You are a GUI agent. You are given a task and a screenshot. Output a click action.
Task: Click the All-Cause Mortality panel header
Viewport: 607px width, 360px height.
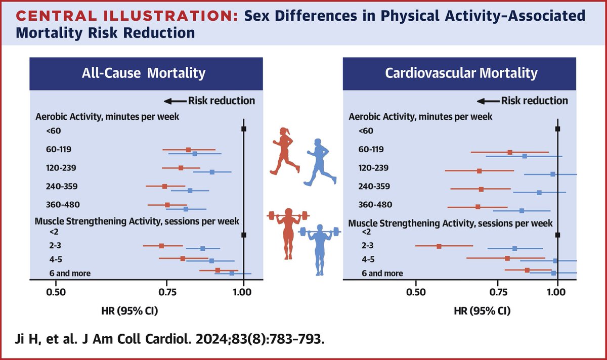(144, 73)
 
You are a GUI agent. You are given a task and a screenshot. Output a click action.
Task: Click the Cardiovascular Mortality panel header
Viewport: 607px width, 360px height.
(461, 73)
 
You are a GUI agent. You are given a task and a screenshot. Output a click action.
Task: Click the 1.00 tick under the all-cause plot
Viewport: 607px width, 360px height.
(243, 292)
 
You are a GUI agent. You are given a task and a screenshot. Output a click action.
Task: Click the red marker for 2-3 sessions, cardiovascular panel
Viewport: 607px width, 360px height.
(439, 246)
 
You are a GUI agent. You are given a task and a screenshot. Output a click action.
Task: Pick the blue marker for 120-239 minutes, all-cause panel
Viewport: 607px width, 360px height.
(212, 172)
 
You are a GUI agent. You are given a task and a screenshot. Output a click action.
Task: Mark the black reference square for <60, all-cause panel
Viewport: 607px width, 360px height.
(244, 129)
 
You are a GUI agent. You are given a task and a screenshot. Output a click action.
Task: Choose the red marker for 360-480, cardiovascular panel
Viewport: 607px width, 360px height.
(478, 207)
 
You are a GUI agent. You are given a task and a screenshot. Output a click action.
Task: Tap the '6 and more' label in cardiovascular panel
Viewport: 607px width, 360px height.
(382, 274)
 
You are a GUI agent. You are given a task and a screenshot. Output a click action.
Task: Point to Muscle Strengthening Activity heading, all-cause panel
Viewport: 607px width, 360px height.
(137, 221)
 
